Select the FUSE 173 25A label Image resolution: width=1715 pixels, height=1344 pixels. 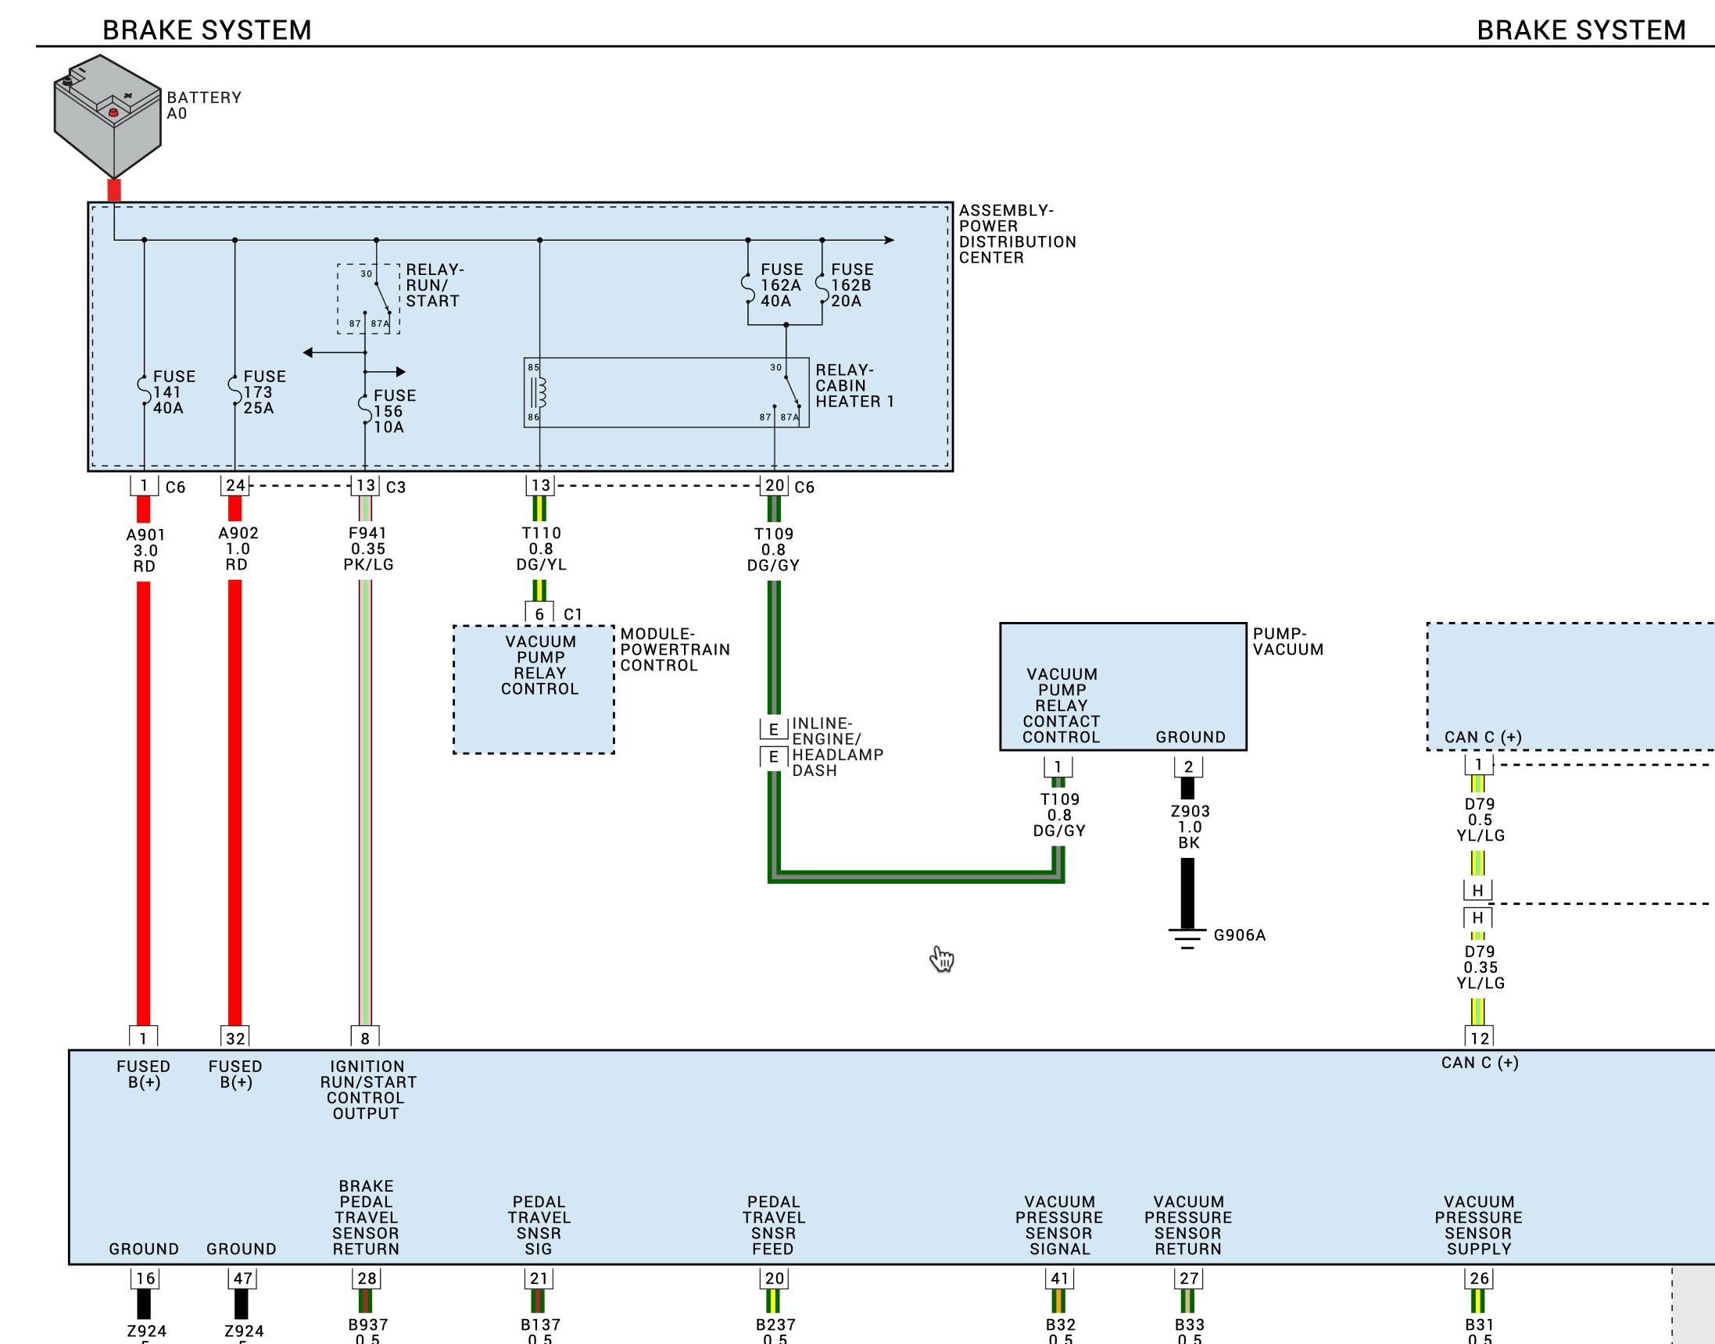263,391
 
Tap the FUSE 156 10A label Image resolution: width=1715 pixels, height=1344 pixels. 393,411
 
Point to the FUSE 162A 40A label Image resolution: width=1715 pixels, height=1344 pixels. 780,285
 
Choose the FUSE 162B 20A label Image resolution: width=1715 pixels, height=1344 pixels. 850,285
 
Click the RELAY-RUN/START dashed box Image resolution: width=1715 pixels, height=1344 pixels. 368,299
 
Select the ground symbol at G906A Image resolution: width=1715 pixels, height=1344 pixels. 1187,938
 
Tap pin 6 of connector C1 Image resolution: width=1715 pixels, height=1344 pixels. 539,614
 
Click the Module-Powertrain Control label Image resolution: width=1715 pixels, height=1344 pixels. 675,649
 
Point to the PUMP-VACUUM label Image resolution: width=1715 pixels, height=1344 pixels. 1287,642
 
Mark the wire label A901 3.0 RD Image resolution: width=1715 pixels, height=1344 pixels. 145,550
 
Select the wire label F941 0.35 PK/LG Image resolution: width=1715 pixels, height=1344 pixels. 368,549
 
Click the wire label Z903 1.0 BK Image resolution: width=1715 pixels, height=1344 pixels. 1189,826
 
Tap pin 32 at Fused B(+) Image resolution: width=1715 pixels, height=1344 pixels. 235,1038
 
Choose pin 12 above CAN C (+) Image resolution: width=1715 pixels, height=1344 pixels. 1479,1038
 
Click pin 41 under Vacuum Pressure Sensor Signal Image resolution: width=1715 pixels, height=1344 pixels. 1059,1278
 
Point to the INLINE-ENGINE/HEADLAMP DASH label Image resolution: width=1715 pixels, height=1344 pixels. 836,746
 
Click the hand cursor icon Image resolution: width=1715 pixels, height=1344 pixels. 941,959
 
